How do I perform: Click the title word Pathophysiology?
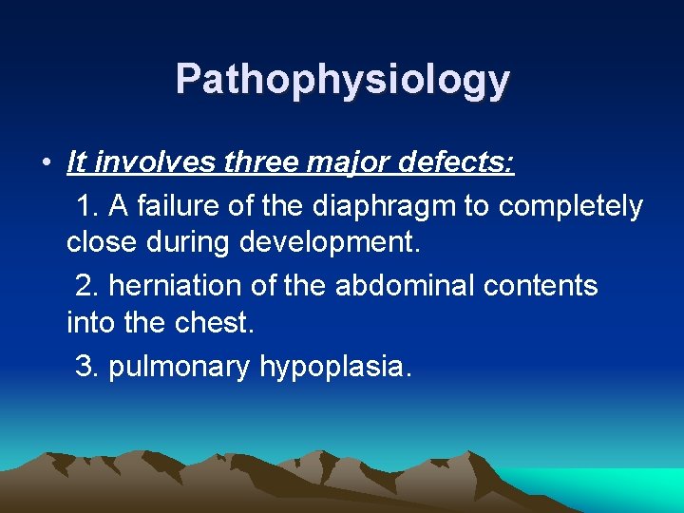click(342, 80)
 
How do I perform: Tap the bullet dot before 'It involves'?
click(46, 162)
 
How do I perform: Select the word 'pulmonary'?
click(180, 366)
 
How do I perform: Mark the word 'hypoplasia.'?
click(336, 366)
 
